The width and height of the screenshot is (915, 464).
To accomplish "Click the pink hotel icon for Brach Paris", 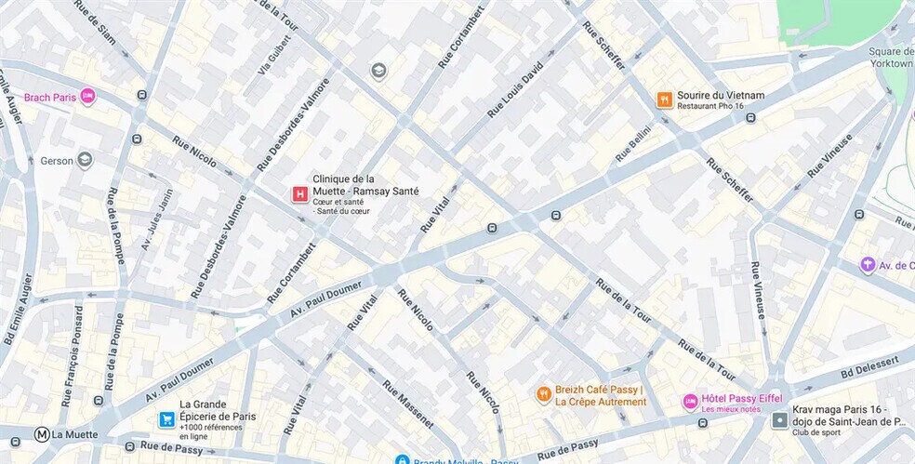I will point(87,96).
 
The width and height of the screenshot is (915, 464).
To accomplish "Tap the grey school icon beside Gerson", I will point(85,160).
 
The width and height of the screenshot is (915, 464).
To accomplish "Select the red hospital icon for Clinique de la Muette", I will point(299,193).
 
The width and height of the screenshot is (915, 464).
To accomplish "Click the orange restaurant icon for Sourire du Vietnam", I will point(664,99).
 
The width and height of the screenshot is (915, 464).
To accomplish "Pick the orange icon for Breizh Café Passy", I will point(544,394).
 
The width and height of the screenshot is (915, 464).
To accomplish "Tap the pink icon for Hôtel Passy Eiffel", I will point(690,402).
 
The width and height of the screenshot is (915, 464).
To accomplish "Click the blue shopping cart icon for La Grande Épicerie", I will point(166,419).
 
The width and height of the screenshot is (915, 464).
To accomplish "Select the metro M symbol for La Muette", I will point(42,434).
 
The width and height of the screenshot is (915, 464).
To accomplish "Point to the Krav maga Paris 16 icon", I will point(779,420).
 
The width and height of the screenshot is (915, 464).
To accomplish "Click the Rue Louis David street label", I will point(514,90).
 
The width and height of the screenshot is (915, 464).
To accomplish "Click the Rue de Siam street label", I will point(96,22).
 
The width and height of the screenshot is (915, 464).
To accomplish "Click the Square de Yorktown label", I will point(893,58).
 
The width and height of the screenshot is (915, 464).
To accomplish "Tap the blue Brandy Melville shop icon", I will point(402,460).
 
